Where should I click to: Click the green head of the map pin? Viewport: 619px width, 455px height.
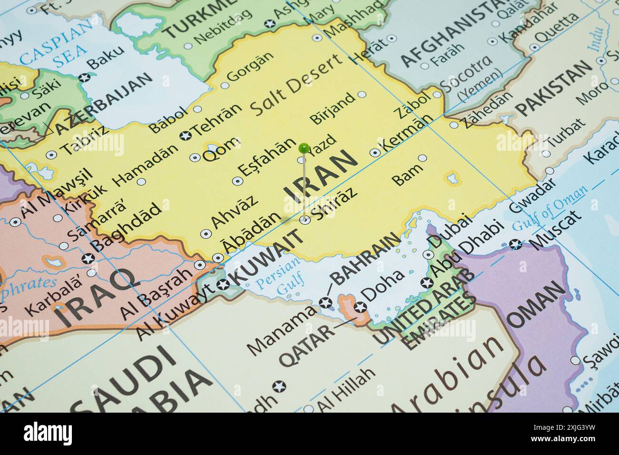[x=303, y=148]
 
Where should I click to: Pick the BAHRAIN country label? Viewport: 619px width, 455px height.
[x=365, y=259]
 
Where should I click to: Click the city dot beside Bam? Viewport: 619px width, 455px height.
[x=422, y=158]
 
